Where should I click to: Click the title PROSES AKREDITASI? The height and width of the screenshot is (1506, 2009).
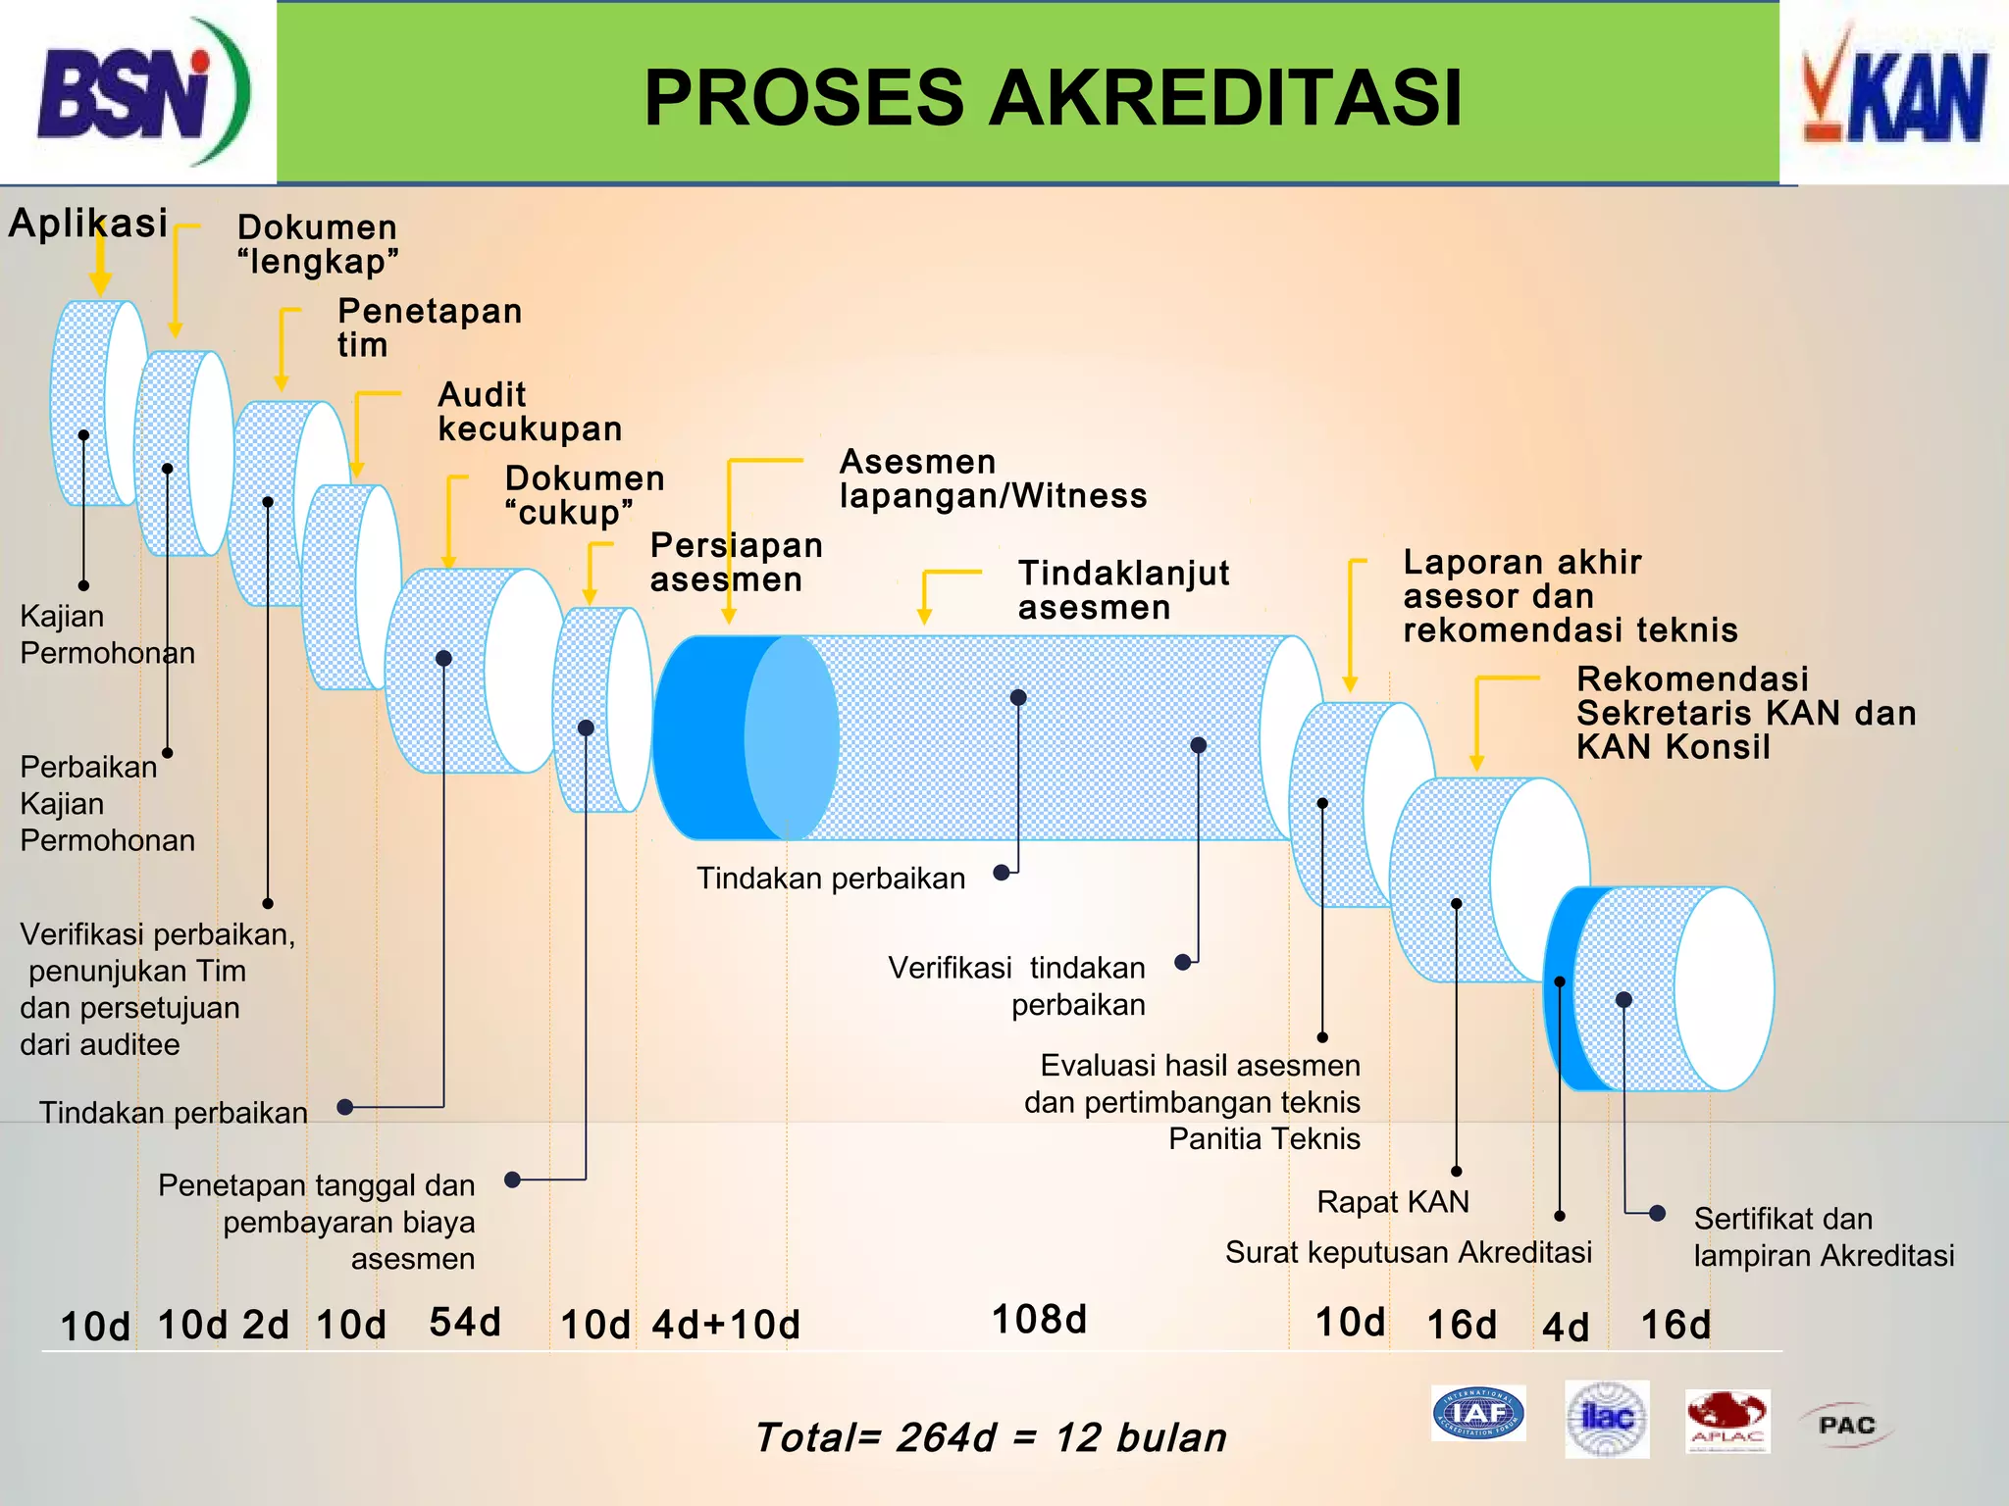(1053, 98)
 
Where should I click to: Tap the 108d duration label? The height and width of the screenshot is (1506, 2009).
(1039, 1320)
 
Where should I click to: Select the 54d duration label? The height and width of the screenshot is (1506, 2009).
(465, 1323)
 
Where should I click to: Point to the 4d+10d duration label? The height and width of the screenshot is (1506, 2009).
(726, 1325)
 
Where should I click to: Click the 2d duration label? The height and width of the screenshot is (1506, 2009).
(266, 1325)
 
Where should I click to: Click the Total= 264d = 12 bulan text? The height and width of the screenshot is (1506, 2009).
(991, 1437)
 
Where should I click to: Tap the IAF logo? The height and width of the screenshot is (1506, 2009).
(1477, 1413)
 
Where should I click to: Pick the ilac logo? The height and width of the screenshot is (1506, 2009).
(1607, 1418)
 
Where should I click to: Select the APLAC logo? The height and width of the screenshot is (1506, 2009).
(1727, 1420)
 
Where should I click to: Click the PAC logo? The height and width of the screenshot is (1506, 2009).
(1846, 1425)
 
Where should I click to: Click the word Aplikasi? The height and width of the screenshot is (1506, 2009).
(88, 224)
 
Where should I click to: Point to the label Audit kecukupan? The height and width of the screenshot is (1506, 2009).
(530, 412)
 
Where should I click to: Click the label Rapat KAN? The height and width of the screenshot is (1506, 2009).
(1392, 1202)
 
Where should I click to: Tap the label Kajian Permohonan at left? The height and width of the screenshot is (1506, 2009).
(106, 634)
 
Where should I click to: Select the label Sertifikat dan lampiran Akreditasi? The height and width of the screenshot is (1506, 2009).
(1823, 1236)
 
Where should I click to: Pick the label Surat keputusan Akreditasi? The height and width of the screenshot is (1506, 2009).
(1408, 1252)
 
